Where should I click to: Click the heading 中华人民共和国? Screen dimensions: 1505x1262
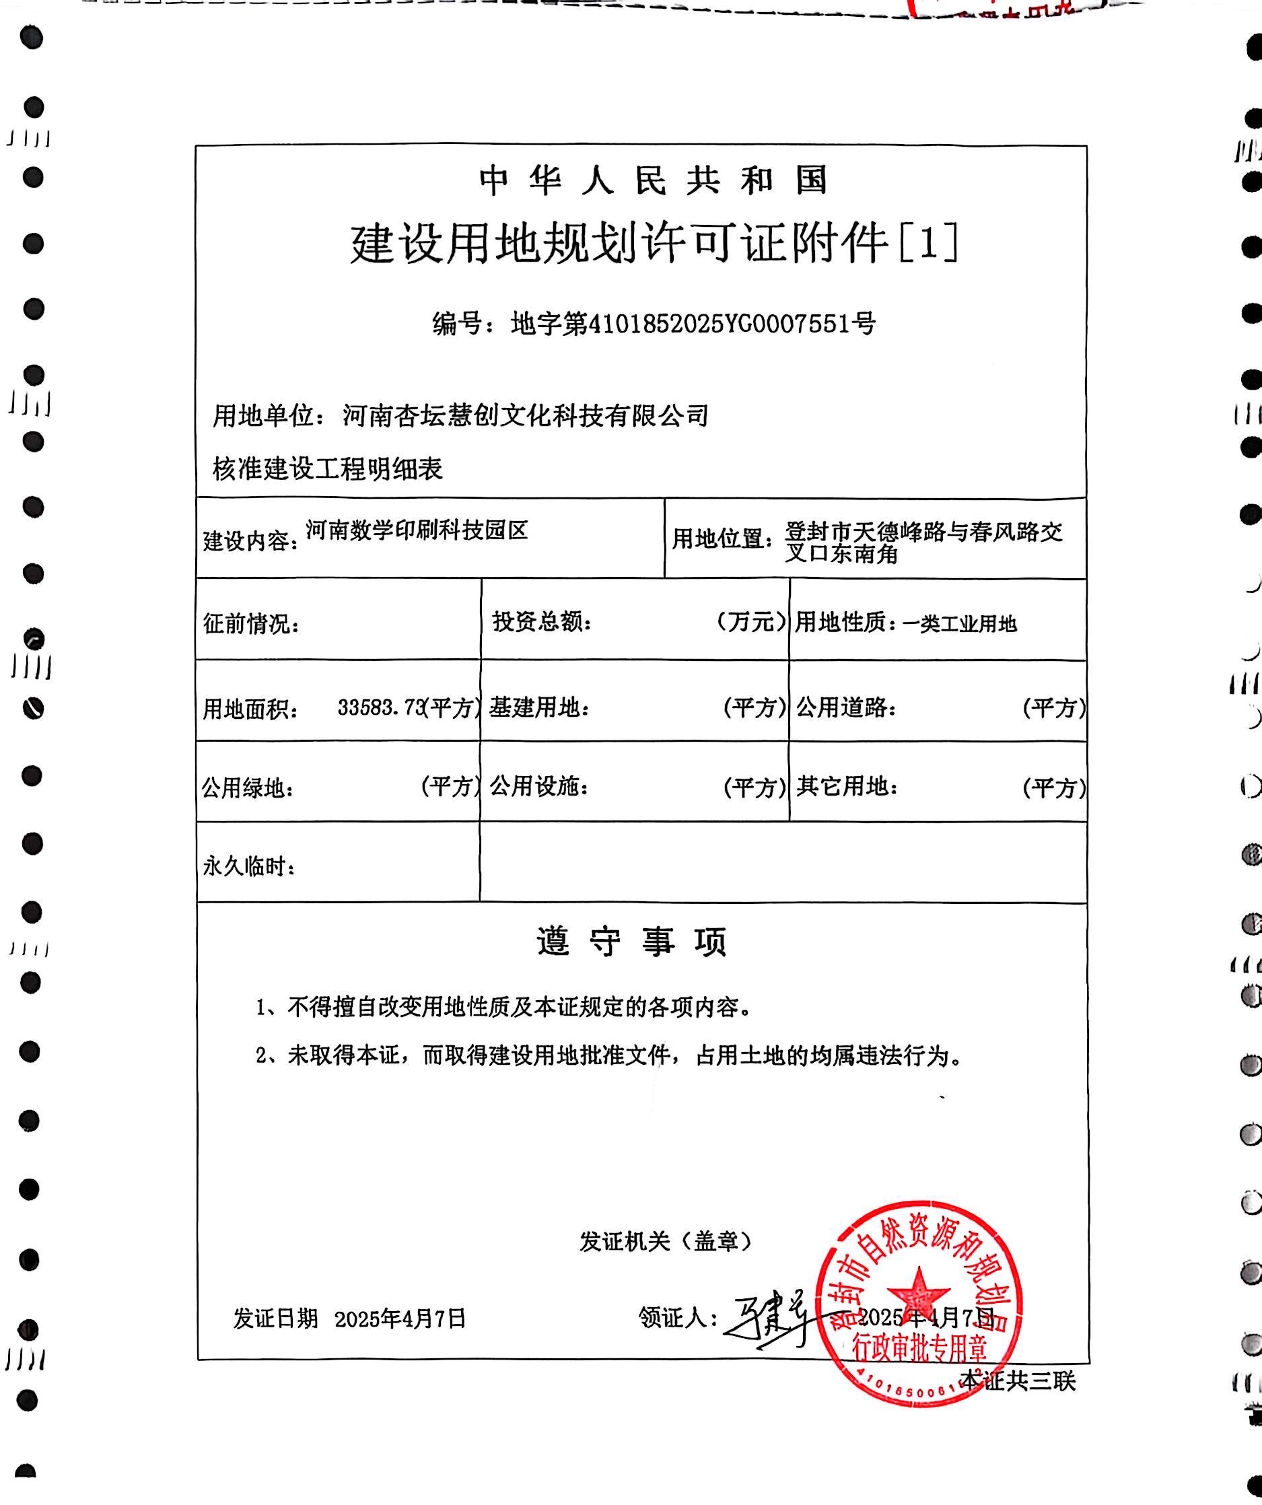click(x=653, y=180)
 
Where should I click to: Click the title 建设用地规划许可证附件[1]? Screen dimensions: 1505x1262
click(x=654, y=244)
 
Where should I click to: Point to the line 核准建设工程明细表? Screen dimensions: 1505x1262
click(x=328, y=469)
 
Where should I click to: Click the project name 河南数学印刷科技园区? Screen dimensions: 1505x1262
click(x=417, y=531)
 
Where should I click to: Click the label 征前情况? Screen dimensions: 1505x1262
click(x=250, y=624)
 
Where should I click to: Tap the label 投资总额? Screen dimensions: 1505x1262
click(x=541, y=622)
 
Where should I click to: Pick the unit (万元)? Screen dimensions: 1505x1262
click(x=750, y=622)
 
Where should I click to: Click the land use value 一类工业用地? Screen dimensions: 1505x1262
click(x=960, y=624)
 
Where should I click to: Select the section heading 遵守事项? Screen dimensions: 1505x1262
click(x=632, y=942)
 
